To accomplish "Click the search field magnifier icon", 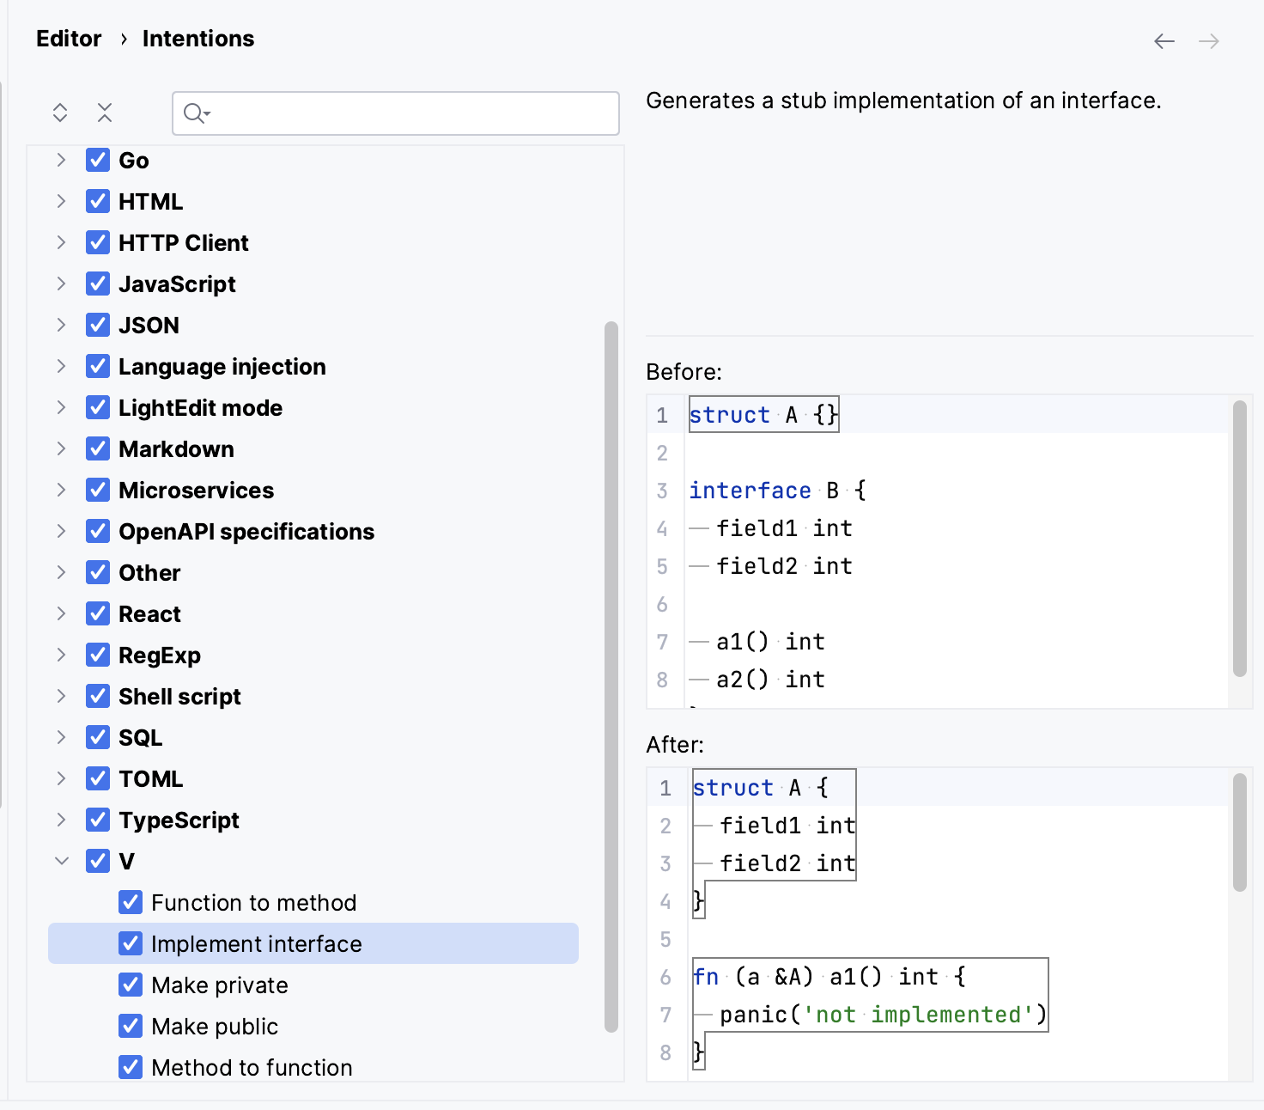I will click(x=196, y=113).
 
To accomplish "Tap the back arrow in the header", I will click(x=1164, y=41).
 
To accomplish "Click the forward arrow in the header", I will click(x=1209, y=41).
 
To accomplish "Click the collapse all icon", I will click(x=105, y=113).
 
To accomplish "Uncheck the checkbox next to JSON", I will click(x=98, y=325).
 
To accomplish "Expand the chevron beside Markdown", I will click(x=61, y=448).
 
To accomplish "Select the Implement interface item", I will click(x=256, y=943).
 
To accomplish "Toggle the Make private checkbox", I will click(x=131, y=985).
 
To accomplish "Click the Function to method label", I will click(x=253, y=902).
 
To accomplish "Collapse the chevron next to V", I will click(x=61, y=861).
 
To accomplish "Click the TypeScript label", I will click(x=179, y=820).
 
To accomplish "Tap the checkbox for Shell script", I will click(x=98, y=696).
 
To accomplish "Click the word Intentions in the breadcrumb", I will click(x=198, y=39).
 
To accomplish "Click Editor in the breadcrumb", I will click(x=69, y=39).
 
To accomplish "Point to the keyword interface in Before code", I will click(x=750, y=491).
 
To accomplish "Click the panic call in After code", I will click(x=752, y=1015).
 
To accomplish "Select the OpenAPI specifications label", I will click(x=246, y=531).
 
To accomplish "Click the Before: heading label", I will click(x=684, y=372).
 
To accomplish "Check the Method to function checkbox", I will click(x=131, y=1067).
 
